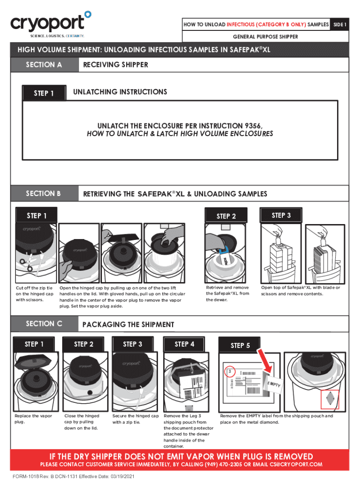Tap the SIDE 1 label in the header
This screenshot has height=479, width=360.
(x=339, y=24)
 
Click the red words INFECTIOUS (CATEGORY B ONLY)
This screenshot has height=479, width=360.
(x=266, y=24)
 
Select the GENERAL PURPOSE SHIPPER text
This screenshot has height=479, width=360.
(x=266, y=36)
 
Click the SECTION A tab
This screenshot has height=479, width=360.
(x=44, y=65)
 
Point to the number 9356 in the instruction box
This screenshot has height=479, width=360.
(x=253, y=126)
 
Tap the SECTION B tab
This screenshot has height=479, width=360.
(x=44, y=194)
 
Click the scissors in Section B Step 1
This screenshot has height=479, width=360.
(x=26, y=265)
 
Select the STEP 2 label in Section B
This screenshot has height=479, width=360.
(x=226, y=216)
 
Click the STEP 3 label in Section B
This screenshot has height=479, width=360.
(x=281, y=215)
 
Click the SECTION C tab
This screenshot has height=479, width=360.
(x=44, y=324)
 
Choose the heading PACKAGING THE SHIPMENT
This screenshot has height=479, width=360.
(x=128, y=325)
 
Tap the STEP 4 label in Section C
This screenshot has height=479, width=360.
(x=184, y=344)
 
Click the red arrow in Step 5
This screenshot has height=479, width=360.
(x=265, y=360)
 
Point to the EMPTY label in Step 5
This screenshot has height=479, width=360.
(x=274, y=384)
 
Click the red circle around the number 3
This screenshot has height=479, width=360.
(x=230, y=371)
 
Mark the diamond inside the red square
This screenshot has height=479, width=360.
(x=330, y=399)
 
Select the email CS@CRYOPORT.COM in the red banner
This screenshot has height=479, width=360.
(x=296, y=464)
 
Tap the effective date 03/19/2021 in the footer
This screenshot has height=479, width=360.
(x=122, y=476)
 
